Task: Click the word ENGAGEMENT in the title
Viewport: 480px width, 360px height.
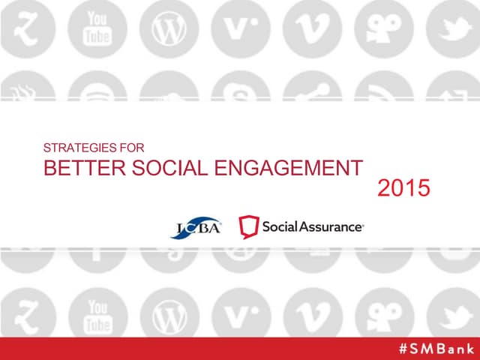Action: click(x=289, y=168)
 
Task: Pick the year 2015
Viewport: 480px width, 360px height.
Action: click(x=403, y=189)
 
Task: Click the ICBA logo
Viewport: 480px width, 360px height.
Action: click(x=196, y=226)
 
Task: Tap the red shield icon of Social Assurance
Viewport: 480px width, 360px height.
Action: click(x=249, y=226)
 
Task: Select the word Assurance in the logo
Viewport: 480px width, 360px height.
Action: click(x=328, y=226)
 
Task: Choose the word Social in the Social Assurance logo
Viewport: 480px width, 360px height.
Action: click(x=278, y=226)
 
